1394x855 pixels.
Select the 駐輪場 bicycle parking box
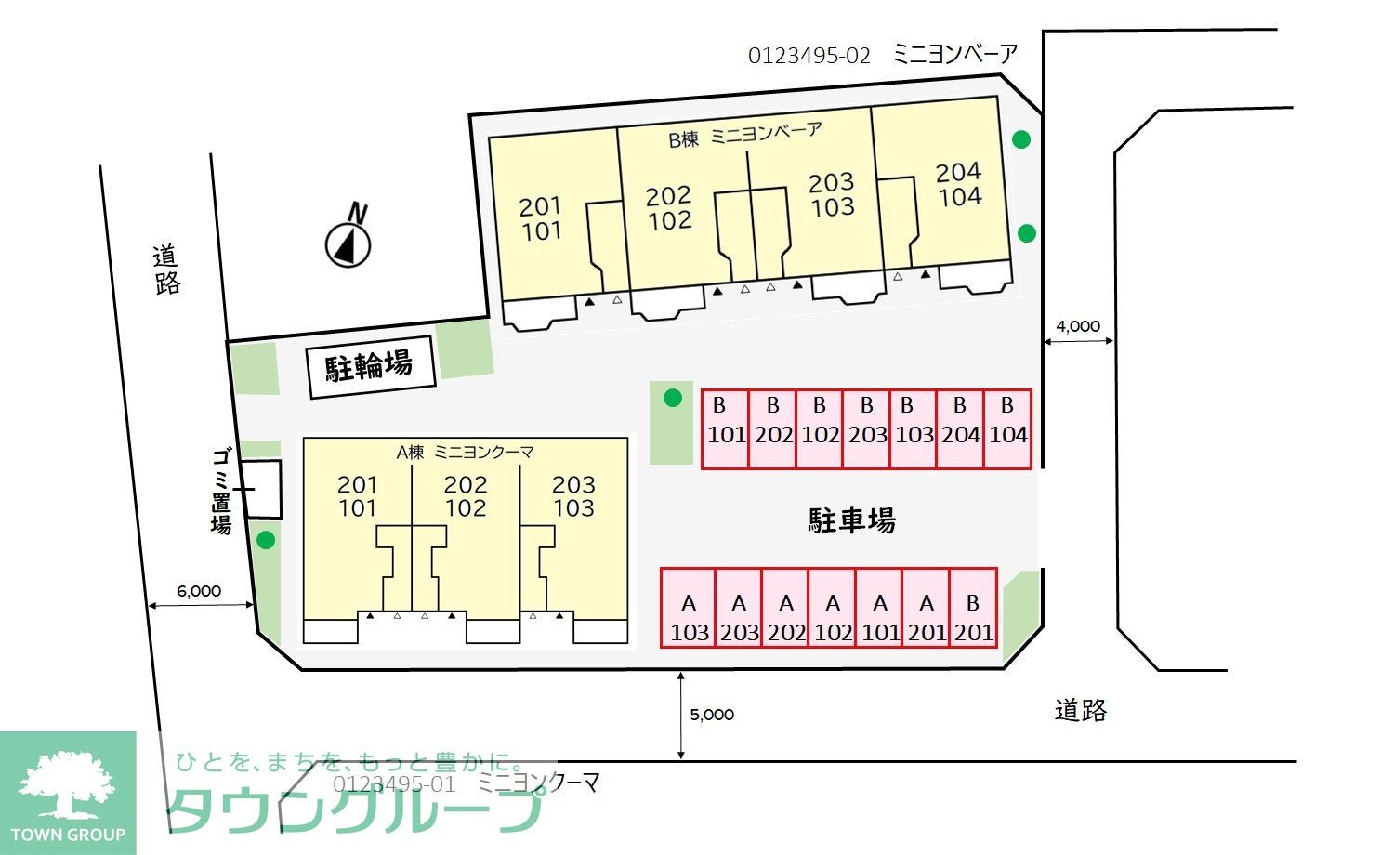[x=371, y=367]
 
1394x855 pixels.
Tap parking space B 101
[x=725, y=429]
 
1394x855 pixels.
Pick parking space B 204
[x=960, y=429]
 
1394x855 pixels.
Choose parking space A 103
[x=689, y=608]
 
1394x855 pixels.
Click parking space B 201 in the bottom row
[x=973, y=608]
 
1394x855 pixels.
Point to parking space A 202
[x=785, y=608]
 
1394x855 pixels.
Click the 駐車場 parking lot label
[x=852, y=520]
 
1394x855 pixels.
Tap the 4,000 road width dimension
[x=1078, y=326]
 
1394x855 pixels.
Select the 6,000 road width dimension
[x=199, y=590]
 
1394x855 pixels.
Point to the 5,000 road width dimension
[x=712, y=715]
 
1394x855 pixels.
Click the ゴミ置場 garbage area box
[x=261, y=489]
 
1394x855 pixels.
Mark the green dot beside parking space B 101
[x=673, y=398]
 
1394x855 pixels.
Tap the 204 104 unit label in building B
[x=960, y=184]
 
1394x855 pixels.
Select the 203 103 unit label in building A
[x=573, y=496]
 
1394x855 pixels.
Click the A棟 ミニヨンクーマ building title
[x=465, y=453]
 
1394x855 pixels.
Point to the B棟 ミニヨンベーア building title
[x=745, y=135]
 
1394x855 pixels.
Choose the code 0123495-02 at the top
[x=809, y=56]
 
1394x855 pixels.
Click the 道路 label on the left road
[x=166, y=270]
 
